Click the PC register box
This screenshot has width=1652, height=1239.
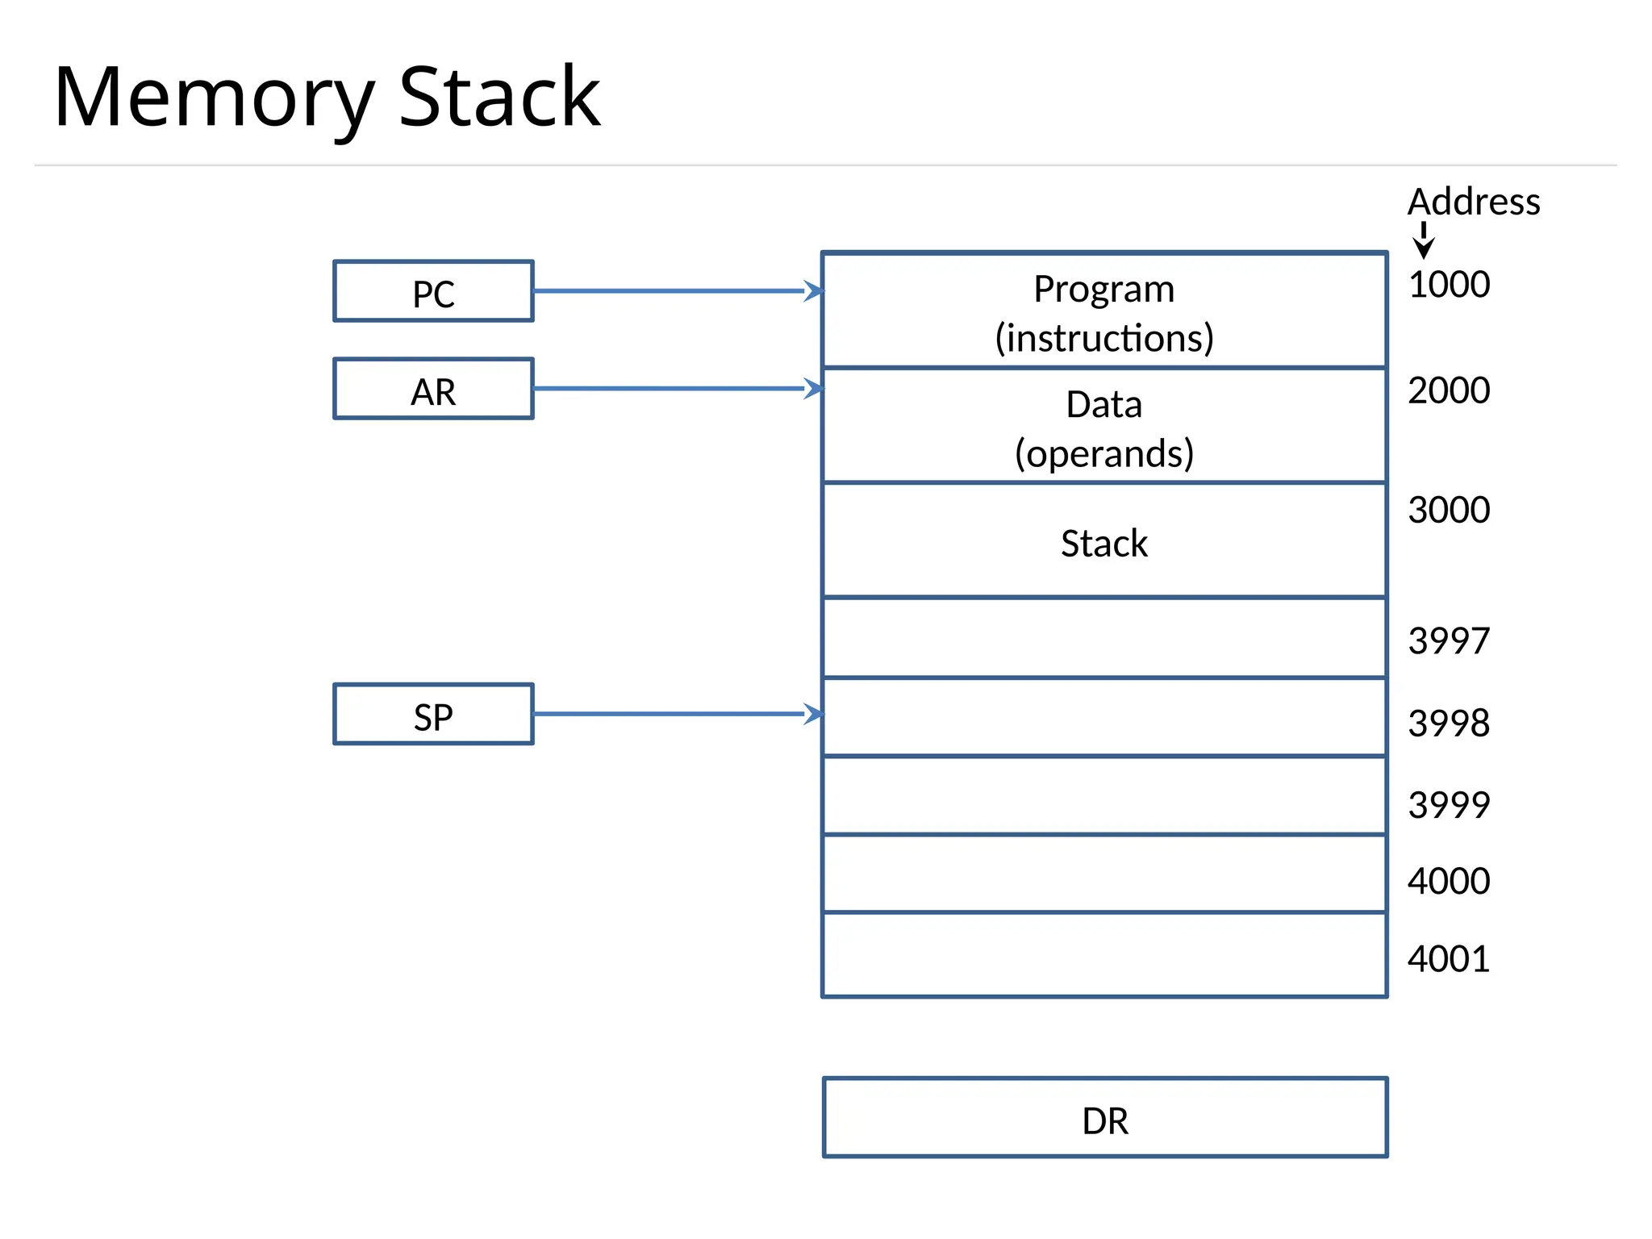(x=433, y=291)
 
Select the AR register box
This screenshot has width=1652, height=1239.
(x=433, y=389)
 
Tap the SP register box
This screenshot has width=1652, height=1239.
(x=433, y=715)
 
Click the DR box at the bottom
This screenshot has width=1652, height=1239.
(x=1104, y=1118)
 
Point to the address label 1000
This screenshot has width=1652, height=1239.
(x=1448, y=285)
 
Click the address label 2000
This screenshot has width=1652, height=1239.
(x=1448, y=390)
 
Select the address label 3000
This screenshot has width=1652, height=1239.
(x=1448, y=510)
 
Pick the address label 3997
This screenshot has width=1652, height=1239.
(x=1448, y=641)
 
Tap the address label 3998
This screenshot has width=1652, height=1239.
(x=1448, y=723)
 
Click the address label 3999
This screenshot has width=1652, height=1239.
(x=1448, y=805)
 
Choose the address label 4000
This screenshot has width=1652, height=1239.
(x=1448, y=881)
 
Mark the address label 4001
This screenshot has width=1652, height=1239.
(x=1448, y=959)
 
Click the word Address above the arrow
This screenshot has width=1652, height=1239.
(x=1473, y=202)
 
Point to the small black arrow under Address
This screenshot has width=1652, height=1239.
(x=1424, y=241)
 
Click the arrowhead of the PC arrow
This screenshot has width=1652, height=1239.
(x=815, y=291)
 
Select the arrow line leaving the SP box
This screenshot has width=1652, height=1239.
(x=670, y=714)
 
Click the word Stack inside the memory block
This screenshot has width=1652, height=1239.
(x=1103, y=544)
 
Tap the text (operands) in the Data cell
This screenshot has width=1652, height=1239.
(x=1103, y=453)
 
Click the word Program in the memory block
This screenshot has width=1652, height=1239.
(x=1103, y=289)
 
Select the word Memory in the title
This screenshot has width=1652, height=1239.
(x=214, y=98)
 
